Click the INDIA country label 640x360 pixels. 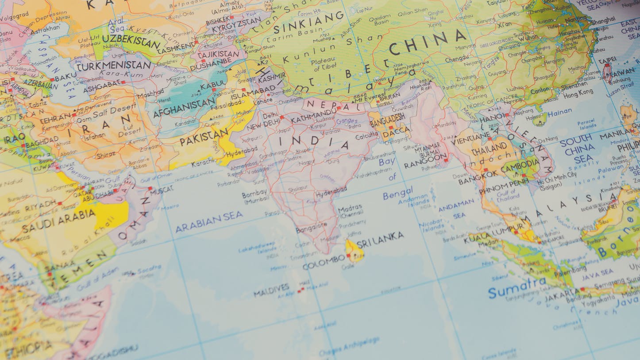coord(314,142)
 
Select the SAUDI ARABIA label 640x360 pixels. coord(58,220)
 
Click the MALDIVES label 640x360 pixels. coord(271,289)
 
